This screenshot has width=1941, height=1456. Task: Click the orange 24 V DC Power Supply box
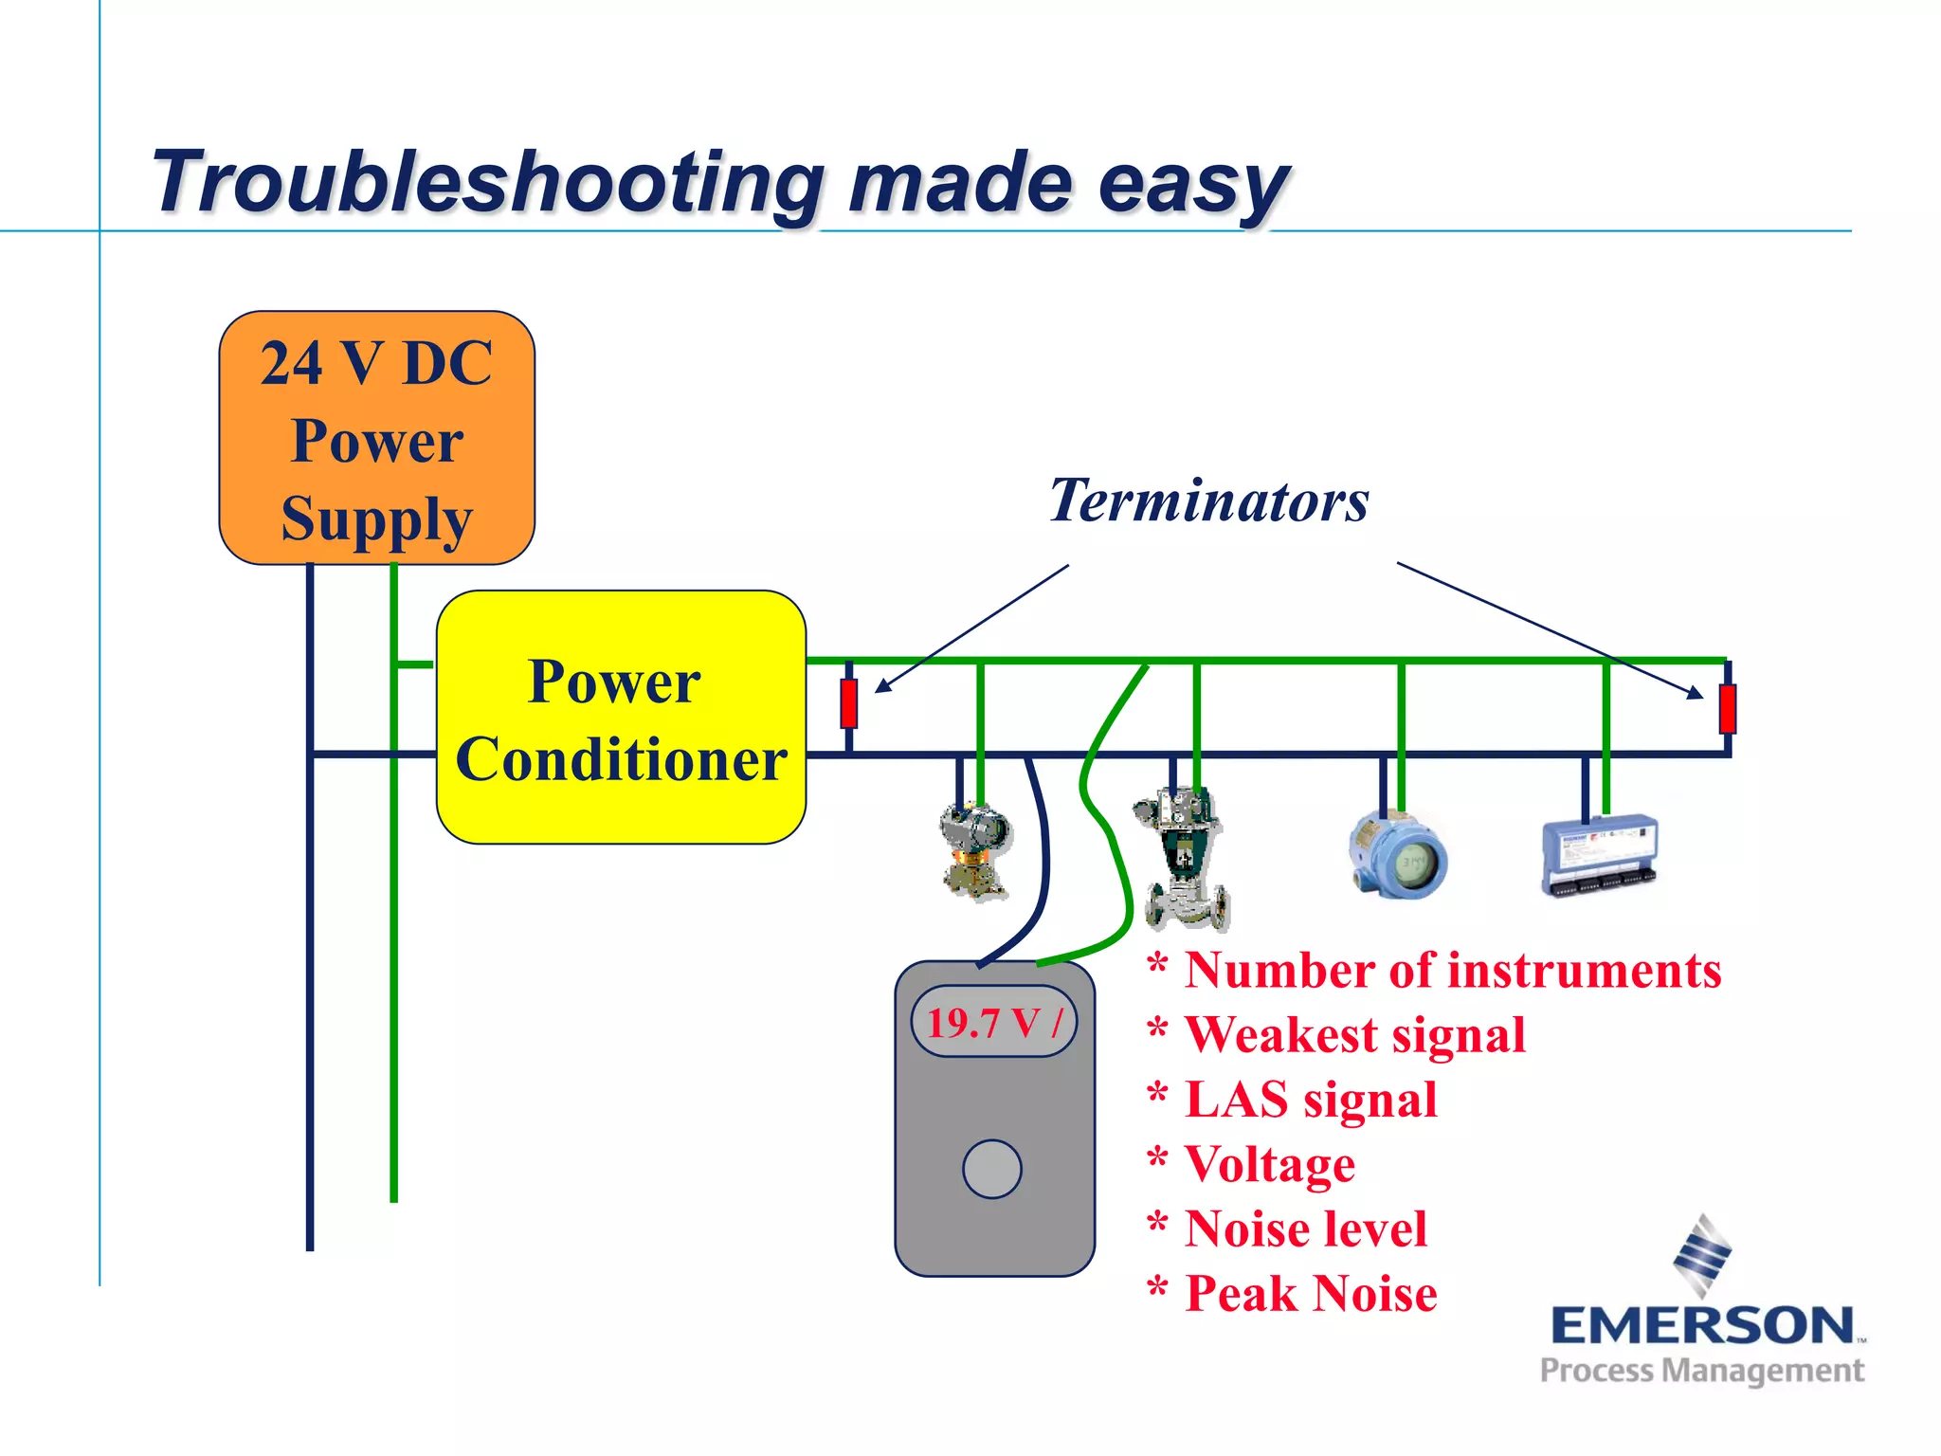tap(376, 438)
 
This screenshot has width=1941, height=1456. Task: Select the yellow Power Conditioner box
tap(621, 718)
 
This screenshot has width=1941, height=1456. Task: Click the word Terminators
tap(1208, 500)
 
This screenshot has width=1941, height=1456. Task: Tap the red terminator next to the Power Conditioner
tap(849, 703)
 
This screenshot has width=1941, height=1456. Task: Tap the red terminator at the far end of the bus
tap(1727, 708)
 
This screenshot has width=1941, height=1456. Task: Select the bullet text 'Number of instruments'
tap(1452, 971)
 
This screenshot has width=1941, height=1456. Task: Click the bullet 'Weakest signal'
tap(1355, 1034)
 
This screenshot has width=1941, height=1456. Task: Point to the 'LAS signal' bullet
tap(1311, 1100)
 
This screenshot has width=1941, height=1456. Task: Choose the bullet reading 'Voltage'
tap(1270, 1164)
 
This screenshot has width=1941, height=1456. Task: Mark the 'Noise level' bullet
tap(1305, 1228)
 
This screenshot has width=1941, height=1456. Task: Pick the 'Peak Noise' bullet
tap(1311, 1294)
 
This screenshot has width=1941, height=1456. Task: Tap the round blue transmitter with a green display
tap(1397, 857)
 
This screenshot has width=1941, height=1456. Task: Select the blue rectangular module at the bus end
tap(1600, 856)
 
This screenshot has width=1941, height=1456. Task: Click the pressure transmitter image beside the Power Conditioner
tap(975, 850)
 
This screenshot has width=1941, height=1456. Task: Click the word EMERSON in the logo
tap(1702, 1326)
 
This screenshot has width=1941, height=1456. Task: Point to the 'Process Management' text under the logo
tap(1702, 1371)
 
